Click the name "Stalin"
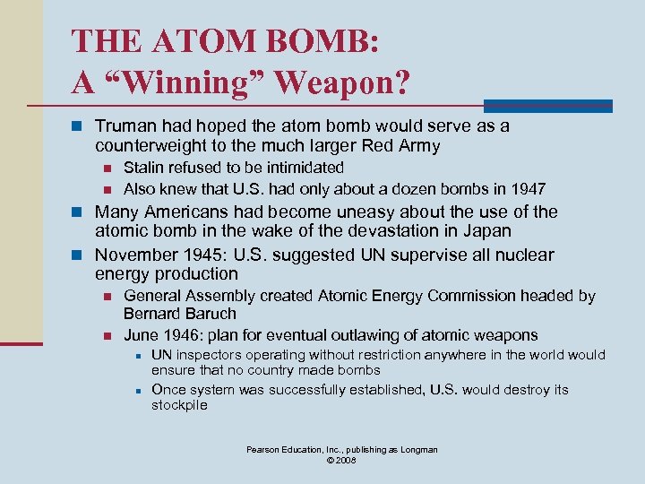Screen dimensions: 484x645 pyautogui.click(x=143, y=168)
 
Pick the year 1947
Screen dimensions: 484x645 pyautogui.click(x=528, y=188)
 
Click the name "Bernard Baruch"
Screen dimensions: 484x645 pyautogui.click(x=180, y=314)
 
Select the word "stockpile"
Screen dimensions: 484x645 pyautogui.click(x=179, y=405)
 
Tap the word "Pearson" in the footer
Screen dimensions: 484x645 pyautogui.click(x=267, y=449)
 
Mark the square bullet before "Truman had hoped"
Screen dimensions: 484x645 pyautogui.click(x=78, y=127)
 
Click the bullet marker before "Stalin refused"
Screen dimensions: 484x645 pyautogui.click(x=107, y=169)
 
